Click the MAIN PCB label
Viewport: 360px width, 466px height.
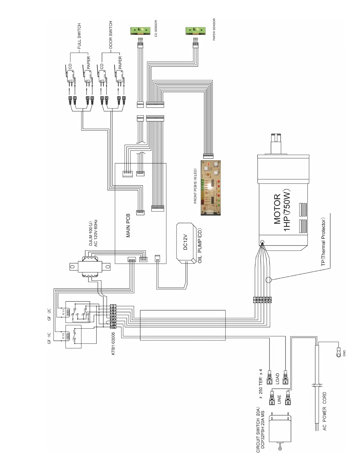click(x=128, y=225)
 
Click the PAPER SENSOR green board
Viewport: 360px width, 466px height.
click(x=195, y=31)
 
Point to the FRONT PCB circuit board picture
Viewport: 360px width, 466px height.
click(x=210, y=188)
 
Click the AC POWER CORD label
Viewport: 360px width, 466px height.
click(x=324, y=411)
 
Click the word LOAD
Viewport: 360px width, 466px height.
click(x=277, y=379)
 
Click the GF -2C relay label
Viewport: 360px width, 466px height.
click(x=49, y=314)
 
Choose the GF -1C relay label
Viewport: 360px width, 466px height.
click(x=49, y=338)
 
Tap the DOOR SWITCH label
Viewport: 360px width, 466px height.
click(x=111, y=35)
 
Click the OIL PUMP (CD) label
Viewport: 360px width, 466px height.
click(x=200, y=246)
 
